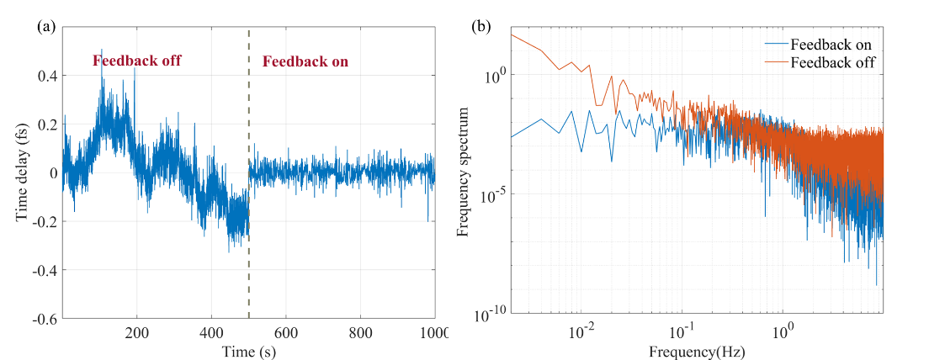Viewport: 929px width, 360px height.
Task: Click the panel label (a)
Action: (46, 26)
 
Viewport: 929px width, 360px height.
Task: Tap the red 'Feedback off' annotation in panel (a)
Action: (136, 61)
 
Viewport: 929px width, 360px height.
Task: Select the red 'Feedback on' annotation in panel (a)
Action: (305, 61)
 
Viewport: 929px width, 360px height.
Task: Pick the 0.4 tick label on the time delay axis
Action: (45, 76)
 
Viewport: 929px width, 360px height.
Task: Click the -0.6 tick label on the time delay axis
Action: (43, 320)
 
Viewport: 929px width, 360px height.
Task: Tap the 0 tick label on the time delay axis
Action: (51, 173)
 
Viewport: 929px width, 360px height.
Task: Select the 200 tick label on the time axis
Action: (137, 331)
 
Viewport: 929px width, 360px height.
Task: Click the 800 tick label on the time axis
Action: (361, 331)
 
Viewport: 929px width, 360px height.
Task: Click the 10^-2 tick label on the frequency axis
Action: (581, 331)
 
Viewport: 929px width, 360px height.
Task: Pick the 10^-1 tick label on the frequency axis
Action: (682, 331)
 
